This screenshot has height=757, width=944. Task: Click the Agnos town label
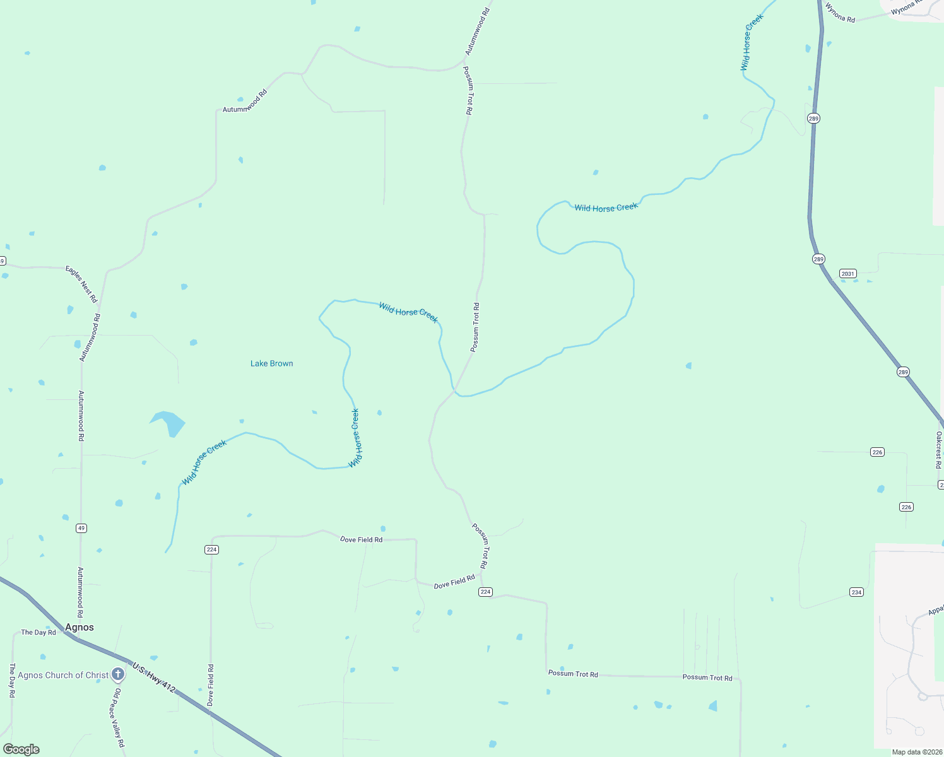(80, 627)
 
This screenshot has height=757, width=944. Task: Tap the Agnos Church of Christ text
(63, 675)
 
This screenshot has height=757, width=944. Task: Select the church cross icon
(117, 674)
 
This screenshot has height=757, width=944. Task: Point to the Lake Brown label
(271, 363)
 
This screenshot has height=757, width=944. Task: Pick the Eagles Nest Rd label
(81, 284)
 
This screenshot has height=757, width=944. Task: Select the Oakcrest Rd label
(938, 450)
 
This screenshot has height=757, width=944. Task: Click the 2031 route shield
(847, 274)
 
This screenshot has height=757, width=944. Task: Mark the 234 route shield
(856, 592)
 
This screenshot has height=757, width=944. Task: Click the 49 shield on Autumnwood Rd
(81, 528)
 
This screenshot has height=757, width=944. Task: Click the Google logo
(21, 749)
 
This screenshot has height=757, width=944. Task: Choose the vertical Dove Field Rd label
(211, 684)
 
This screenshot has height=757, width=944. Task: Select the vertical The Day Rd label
(12, 680)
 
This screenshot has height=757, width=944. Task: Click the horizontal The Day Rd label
(38, 632)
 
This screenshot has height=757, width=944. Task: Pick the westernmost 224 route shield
(211, 549)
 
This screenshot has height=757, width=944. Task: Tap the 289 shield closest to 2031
(818, 259)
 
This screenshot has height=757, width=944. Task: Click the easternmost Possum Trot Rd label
(707, 678)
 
